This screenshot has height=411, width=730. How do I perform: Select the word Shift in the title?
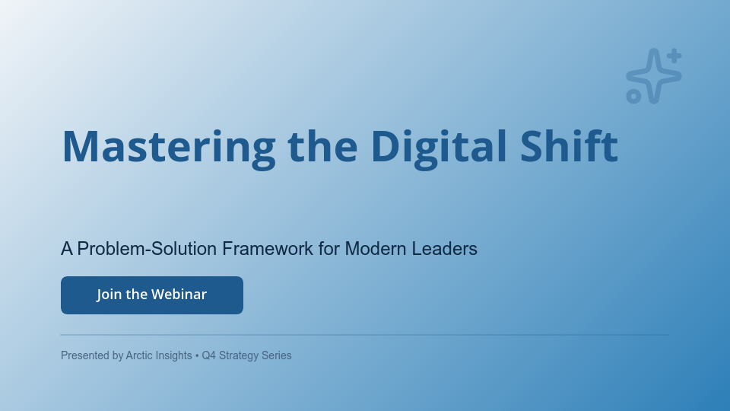coord(569,146)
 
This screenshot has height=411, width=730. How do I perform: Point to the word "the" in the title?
coord(322,146)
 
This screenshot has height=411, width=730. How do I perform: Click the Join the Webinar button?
coord(152,295)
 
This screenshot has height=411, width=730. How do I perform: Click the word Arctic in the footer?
coord(141,355)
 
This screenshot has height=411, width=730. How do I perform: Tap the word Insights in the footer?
coord(175,355)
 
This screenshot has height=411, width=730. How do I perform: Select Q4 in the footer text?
coord(209,355)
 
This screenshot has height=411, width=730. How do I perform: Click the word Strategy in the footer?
coord(239,355)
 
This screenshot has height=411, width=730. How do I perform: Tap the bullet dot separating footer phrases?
coord(197,355)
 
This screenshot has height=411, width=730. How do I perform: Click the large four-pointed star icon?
coord(652,75)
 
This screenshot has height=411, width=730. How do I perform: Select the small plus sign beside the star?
coord(674,56)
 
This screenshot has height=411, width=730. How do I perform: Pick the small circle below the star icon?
coord(633,96)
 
